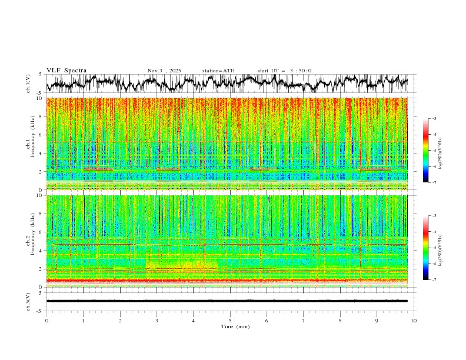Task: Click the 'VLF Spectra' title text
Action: [x=66, y=71]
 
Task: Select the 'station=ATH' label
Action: [x=218, y=71]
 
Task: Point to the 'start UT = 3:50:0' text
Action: [x=284, y=71]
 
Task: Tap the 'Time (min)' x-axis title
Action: [x=230, y=326]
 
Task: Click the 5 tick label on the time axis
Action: [x=230, y=320]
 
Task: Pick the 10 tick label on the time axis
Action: [x=414, y=320]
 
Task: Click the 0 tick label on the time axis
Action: [x=46, y=320]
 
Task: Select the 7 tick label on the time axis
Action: [x=304, y=320]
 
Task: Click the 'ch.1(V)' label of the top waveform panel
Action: [x=29, y=84]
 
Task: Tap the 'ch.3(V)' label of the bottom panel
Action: [x=29, y=301]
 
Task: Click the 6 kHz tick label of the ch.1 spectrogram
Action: [x=40, y=135]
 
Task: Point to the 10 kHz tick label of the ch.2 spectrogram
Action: [x=39, y=195]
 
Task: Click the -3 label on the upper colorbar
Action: [x=434, y=119]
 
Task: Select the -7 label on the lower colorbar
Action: [x=434, y=280]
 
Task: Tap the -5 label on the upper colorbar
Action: [x=434, y=151]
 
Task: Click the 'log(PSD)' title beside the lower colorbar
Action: [x=441, y=248]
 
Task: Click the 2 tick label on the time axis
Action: [x=120, y=320]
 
